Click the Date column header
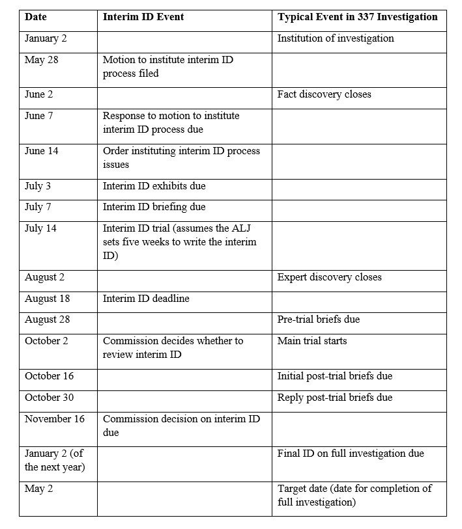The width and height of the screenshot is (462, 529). pos(36,17)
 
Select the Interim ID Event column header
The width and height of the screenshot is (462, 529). pos(143,17)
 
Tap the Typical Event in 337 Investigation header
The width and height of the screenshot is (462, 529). pos(357,17)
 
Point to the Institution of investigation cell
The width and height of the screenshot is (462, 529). pos(336,38)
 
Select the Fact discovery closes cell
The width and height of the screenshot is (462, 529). pos(324,94)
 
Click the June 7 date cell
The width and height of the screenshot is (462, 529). pos(38,116)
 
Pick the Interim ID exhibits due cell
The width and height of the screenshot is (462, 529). pos(154,186)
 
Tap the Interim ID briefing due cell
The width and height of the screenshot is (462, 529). pos(154,207)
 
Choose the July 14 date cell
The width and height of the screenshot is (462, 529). pos(39,228)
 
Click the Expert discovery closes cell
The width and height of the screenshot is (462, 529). pos(329,277)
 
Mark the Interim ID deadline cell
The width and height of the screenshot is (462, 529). pos(143,299)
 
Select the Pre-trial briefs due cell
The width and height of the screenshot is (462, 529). pos(318,319)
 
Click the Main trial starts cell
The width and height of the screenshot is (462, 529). pos(312,341)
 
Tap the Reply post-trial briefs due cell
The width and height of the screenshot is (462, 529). pos(334,398)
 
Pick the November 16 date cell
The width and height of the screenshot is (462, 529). pos(54,419)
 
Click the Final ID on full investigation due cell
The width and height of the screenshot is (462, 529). pos(351,454)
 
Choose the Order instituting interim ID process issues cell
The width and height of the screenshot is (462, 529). pos(181,157)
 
